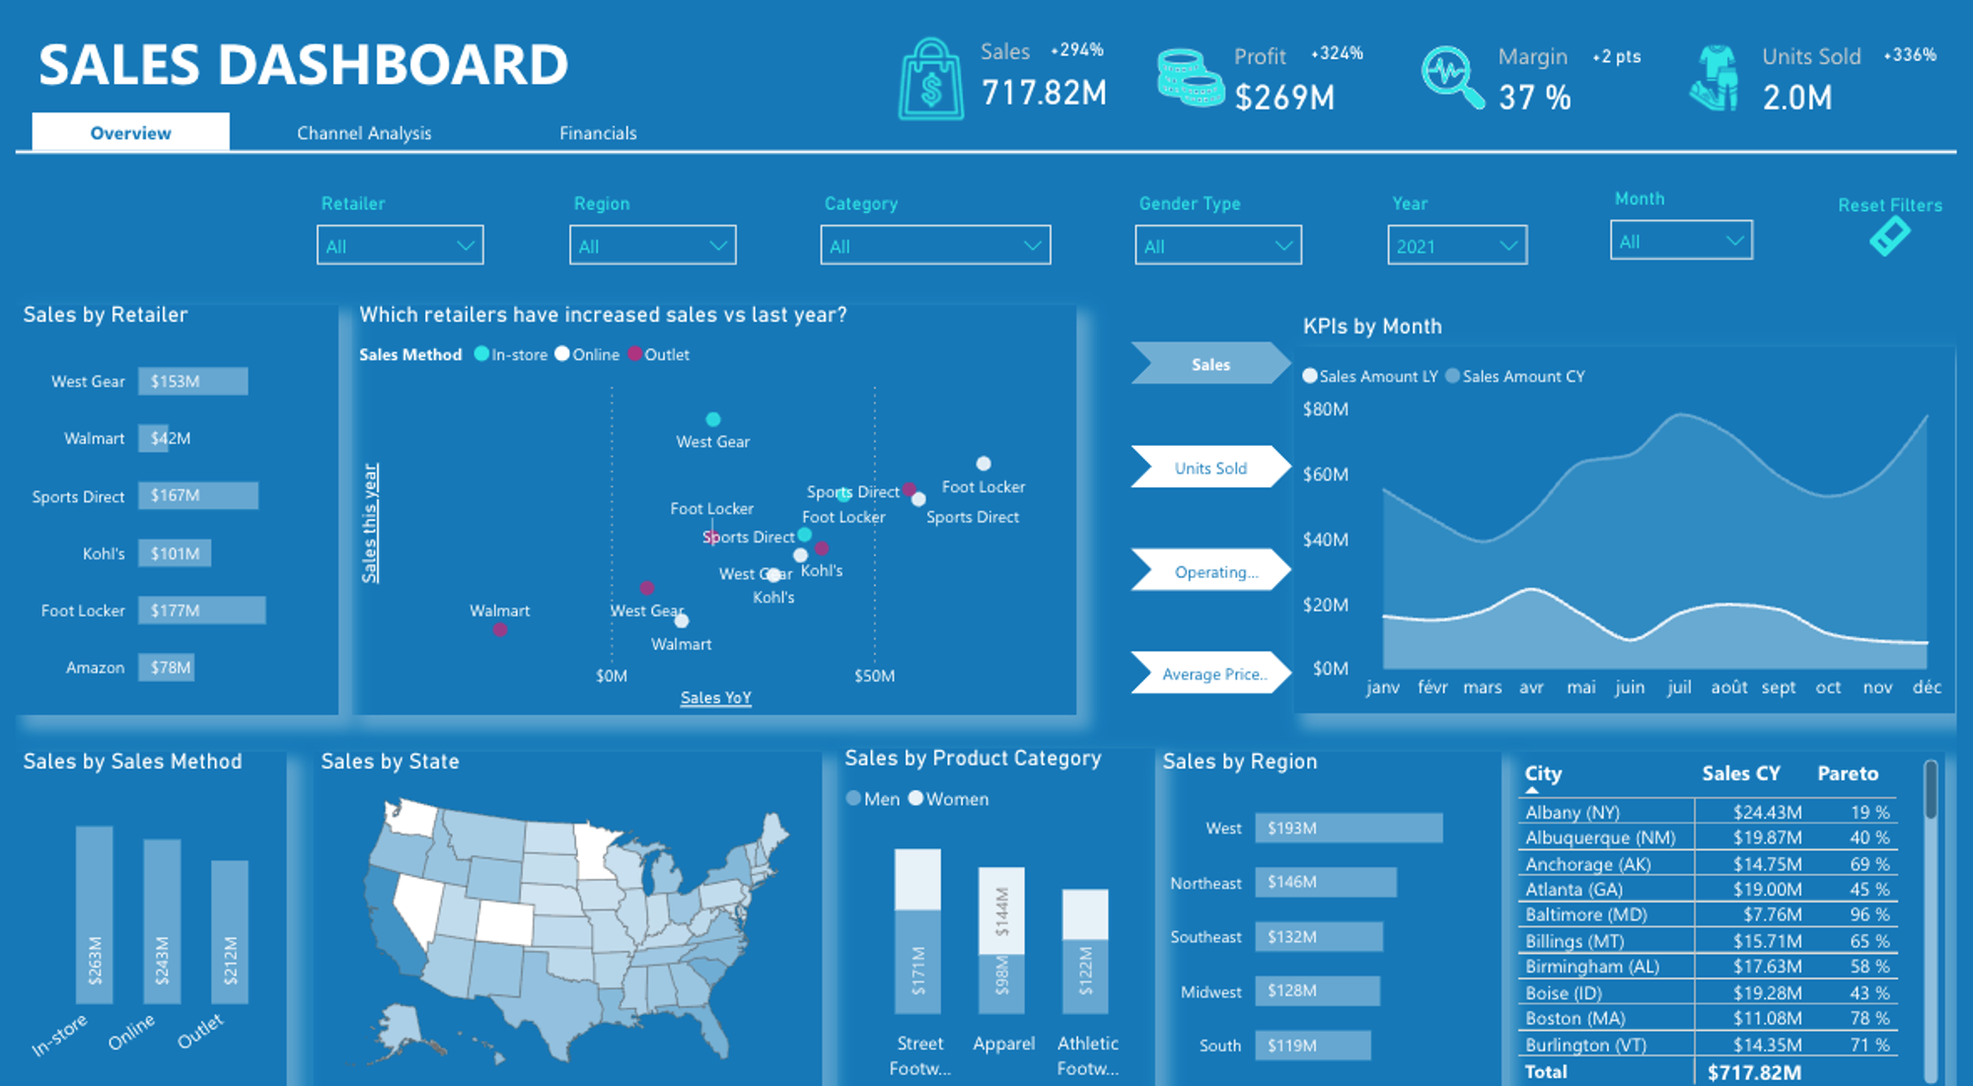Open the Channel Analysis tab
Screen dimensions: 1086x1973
pyautogui.click(x=364, y=133)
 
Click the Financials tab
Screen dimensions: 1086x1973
pyautogui.click(x=598, y=133)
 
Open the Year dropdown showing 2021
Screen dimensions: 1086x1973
pyautogui.click(x=1456, y=246)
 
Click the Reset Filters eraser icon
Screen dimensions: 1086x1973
pyautogui.click(x=1889, y=237)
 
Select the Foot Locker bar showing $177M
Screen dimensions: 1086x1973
pyautogui.click(x=201, y=611)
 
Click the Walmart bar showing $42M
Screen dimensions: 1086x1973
pyautogui.click(x=154, y=438)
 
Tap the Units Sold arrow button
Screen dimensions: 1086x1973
pyautogui.click(x=1210, y=468)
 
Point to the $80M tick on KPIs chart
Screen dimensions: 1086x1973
pyautogui.click(x=1325, y=409)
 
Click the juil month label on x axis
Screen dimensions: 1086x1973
pyautogui.click(x=1679, y=688)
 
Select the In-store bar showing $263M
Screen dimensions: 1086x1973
pyautogui.click(x=95, y=915)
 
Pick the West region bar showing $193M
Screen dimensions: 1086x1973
pyautogui.click(x=1348, y=829)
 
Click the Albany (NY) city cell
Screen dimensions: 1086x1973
pyautogui.click(x=1572, y=813)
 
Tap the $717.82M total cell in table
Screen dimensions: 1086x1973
pyautogui.click(x=1754, y=1072)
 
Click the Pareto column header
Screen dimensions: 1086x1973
pyautogui.click(x=1848, y=774)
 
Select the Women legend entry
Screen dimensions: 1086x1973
pyautogui.click(x=948, y=799)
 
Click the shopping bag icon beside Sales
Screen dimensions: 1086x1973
pyautogui.click(x=930, y=81)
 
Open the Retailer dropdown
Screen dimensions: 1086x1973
pyautogui.click(x=400, y=246)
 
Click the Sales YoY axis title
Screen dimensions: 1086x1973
pyautogui.click(x=716, y=698)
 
